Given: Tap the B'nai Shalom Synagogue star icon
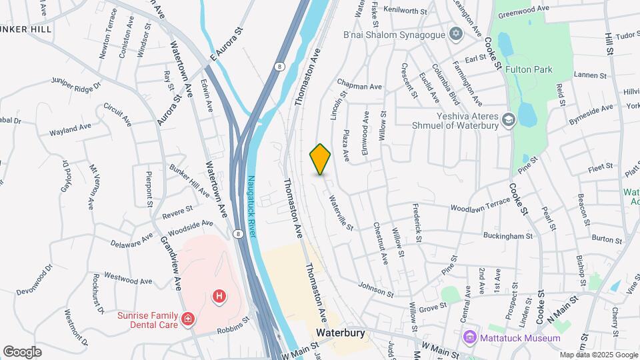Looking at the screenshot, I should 456,34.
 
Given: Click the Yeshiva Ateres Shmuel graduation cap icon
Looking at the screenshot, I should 509,120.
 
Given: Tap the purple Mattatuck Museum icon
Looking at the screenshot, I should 471,338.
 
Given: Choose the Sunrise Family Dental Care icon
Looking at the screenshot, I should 189,320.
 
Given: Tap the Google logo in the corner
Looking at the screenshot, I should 22,351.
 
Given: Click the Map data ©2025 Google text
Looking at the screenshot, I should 598,355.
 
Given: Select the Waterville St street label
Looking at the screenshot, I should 340,213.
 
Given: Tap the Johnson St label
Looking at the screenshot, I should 376,289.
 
